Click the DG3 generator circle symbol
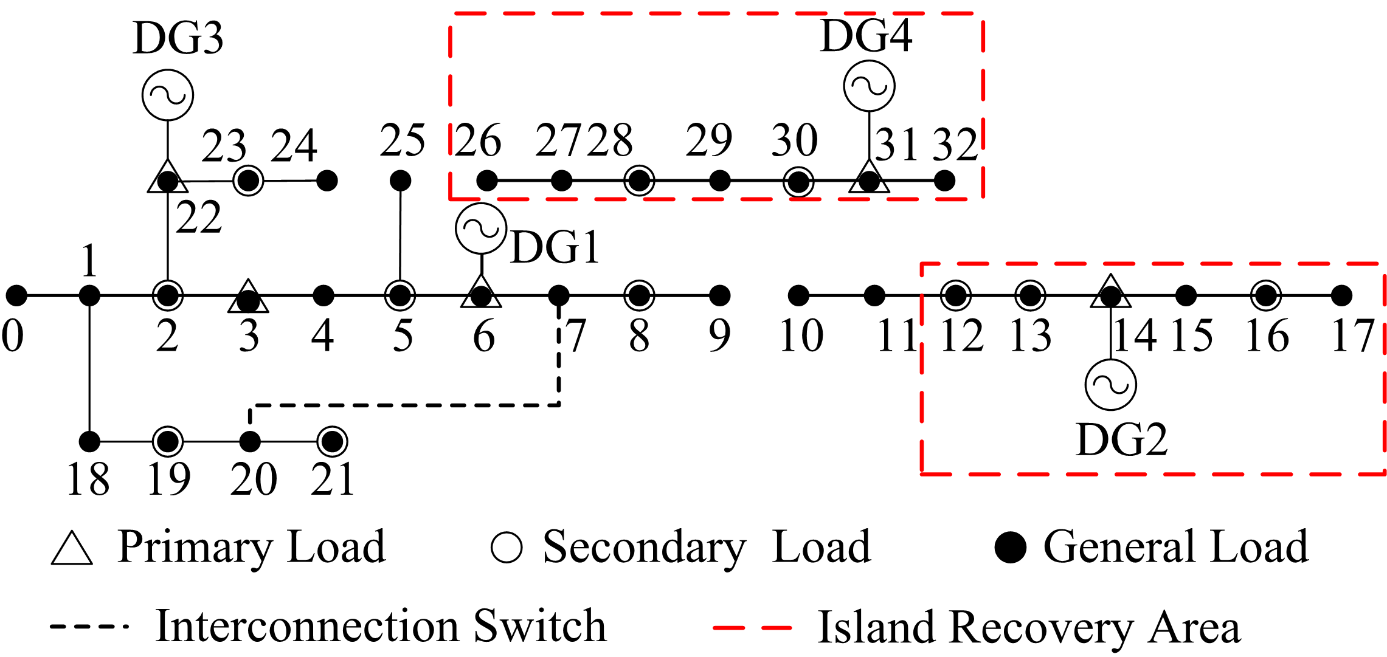168,95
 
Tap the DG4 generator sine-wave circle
869,86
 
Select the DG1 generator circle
481,229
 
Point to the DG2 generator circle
1110,385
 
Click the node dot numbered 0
16,296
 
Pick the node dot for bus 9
720,296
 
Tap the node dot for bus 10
798,296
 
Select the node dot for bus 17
1341,296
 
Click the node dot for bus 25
400,181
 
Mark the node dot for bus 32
944,181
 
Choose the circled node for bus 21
332,441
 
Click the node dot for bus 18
89,441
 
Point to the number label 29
708,140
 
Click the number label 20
254,480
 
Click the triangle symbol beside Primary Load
72,549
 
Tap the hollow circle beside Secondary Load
507,548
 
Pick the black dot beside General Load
1011,547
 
